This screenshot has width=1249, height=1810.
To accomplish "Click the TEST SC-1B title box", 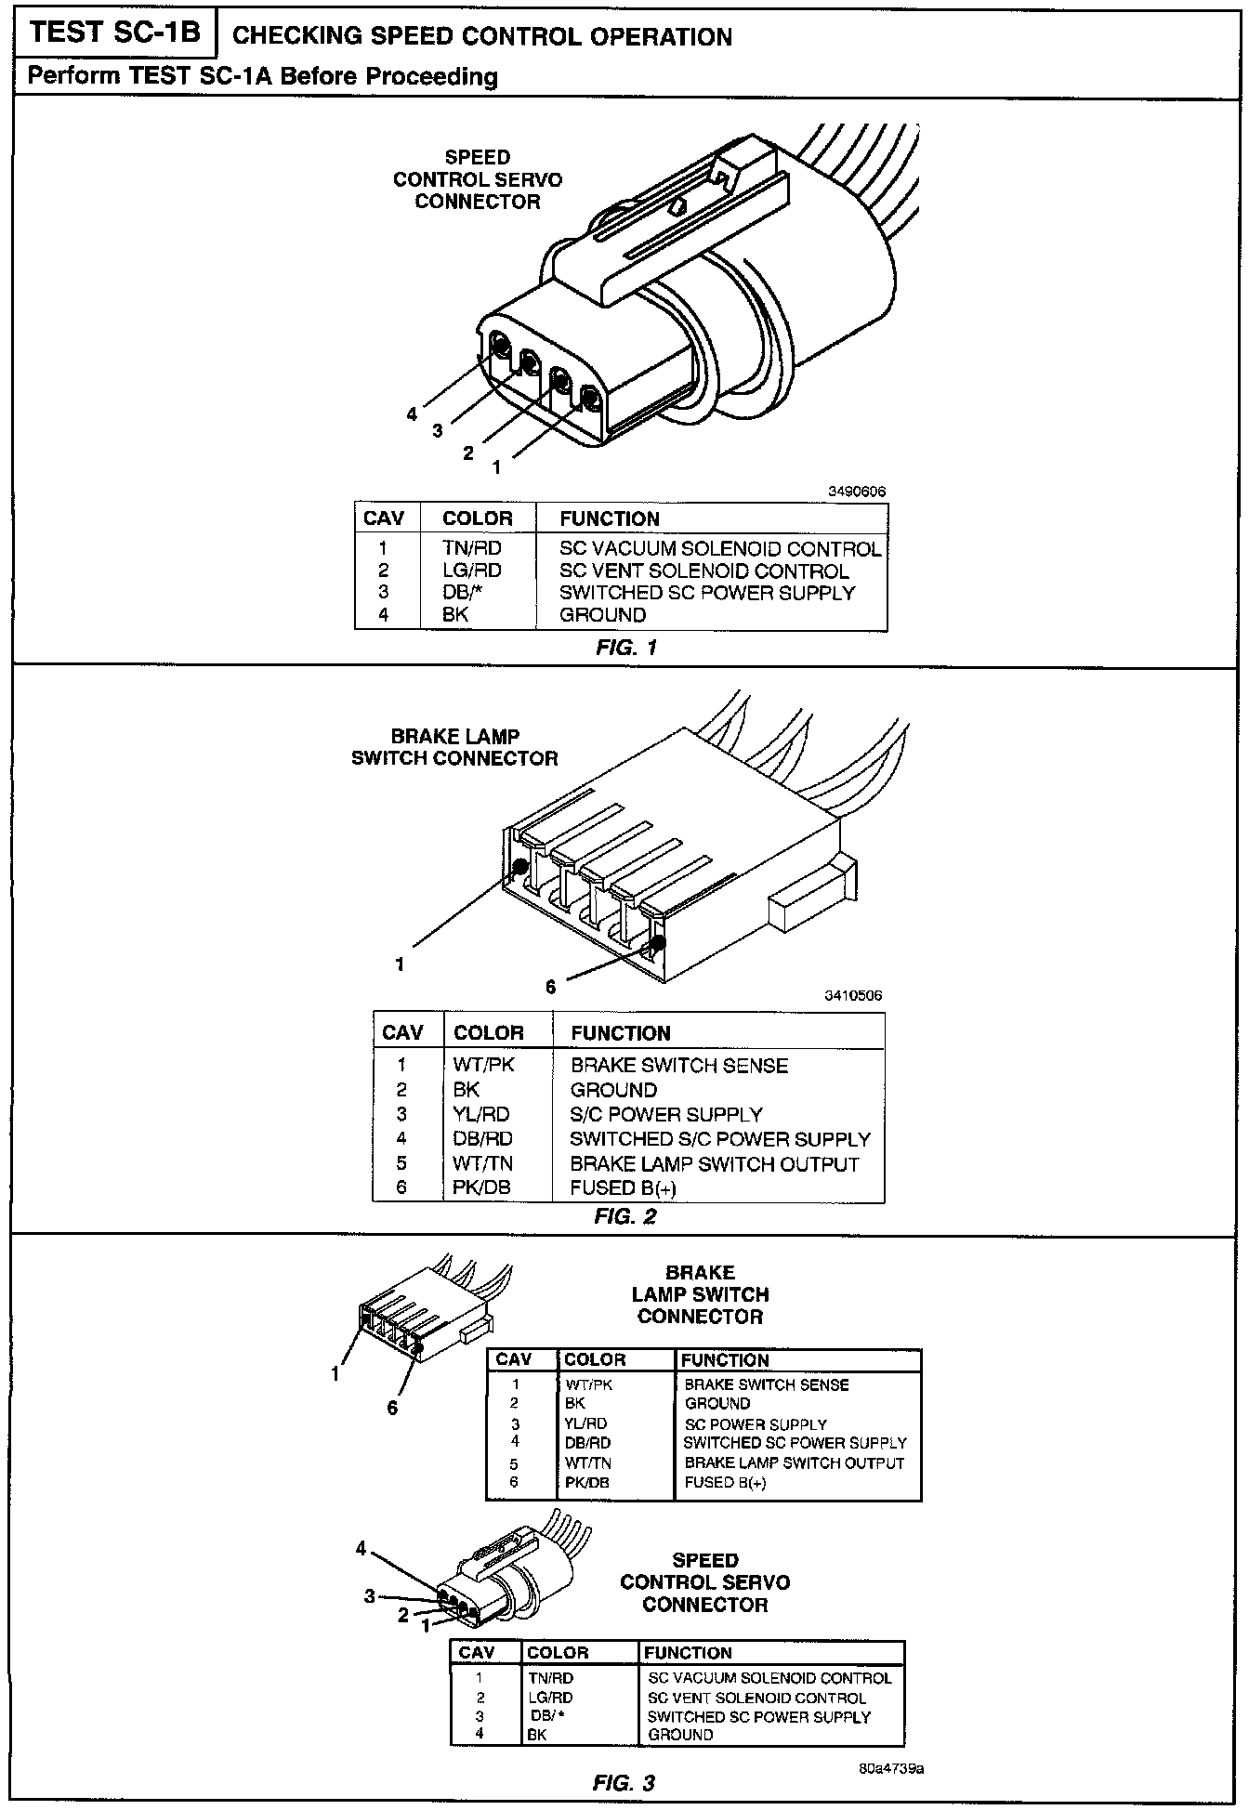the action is pos(113,33).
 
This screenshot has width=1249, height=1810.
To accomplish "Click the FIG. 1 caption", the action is pos(626,648).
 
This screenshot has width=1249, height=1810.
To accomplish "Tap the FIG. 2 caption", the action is pos(625,1216).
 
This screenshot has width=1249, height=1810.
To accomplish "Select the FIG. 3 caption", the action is pos(624,1783).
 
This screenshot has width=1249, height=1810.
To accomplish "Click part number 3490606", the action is pos(858,492).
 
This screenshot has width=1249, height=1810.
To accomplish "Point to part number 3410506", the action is pos(854,995).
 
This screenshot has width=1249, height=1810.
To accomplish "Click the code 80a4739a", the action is pos(891,1767).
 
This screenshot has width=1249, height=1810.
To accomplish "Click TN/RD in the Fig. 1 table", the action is pos(472,548).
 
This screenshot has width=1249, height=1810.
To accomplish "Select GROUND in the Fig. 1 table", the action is pos(602,615).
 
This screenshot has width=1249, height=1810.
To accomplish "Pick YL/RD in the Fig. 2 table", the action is pos(481,1114).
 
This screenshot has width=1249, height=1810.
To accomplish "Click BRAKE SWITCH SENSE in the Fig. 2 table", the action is pos(679,1066).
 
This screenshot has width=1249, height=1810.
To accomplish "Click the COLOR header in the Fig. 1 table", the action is pos(478,518).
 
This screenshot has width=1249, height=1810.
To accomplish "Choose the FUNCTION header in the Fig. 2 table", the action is pos(621,1033).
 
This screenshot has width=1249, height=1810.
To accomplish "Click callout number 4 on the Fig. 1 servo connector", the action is pos(412,414).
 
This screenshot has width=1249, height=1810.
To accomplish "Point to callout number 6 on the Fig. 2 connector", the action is pos(551,987).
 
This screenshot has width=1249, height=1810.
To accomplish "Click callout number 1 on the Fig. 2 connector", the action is pos(400,964).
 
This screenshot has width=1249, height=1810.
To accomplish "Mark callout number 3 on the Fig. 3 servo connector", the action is pos(370,1596).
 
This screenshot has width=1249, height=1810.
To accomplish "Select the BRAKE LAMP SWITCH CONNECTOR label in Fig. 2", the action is pos(455,747).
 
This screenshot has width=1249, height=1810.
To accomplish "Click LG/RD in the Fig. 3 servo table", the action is pos(550,1698).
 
